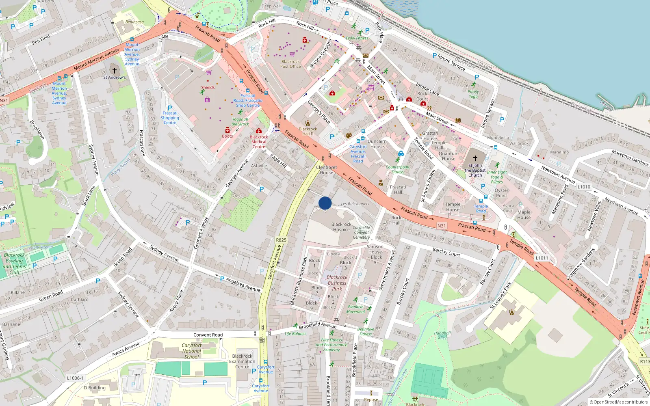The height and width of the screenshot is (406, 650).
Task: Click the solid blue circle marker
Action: pyautogui.click(x=325, y=203)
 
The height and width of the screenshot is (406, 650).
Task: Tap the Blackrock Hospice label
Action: pyautogui.click(x=341, y=227)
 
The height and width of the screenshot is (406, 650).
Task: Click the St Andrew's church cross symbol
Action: pyautogui.click(x=115, y=70)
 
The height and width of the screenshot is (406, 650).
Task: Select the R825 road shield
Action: pyautogui.click(x=281, y=240)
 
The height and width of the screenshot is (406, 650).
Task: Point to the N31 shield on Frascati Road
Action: pyautogui.click(x=442, y=226)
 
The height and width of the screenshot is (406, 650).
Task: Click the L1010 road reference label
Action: pyautogui.click(x=584, y=187)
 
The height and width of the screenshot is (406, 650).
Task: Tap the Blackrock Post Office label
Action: pyautogui.click(x=290, y=64)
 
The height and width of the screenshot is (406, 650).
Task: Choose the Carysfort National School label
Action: pyautogui.click(x=192, y=351)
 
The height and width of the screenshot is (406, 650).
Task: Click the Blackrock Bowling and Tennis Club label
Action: pyautogui.click(x=14, y=263)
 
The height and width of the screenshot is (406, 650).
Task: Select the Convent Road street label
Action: pyautogui.click(x=208, y=335)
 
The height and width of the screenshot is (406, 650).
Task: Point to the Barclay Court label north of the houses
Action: pyautogui.click(x=446, y=252)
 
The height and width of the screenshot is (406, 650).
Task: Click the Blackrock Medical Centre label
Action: pyautogui.click(x=259, y=142)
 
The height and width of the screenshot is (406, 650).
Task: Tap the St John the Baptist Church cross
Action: pyautogui.click(x=475, y=158)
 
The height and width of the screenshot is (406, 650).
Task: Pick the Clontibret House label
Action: pyautogui.click(x=326, y=170)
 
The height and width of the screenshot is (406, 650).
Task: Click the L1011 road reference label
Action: pyautogui.click(x=542, y=258)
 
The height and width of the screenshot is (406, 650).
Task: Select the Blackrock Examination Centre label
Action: pyautogui.click(x=242, y=361)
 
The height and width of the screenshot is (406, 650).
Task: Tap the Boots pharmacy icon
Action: pyautogui.click(x=227, y=130)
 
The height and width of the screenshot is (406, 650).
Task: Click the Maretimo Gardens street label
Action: pyautogui.click(x=630, y=158)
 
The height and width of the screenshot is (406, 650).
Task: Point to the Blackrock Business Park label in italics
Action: pyautogui.click(x=337, y=283)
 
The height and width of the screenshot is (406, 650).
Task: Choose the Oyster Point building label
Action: pyautogui.click(x=501, y=193)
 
